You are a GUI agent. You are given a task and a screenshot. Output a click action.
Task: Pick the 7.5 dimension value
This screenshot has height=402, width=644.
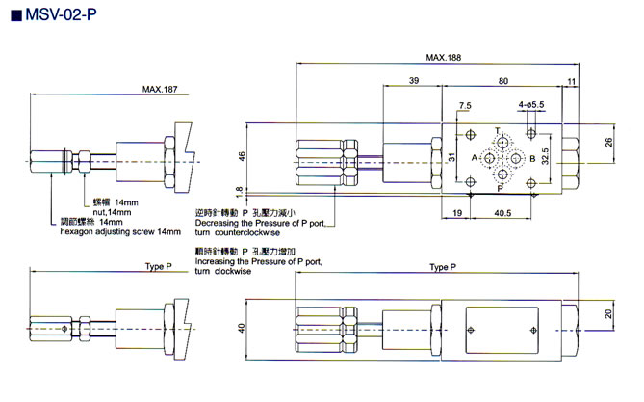(x=466, y=105)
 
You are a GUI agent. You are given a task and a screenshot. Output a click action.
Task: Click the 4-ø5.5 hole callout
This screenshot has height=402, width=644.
(x=531, y=104)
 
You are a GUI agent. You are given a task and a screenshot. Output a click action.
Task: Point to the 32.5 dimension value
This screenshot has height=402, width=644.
(x=546, y=156)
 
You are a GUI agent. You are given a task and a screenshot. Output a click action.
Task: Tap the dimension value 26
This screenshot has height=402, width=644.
(x=608, y=142)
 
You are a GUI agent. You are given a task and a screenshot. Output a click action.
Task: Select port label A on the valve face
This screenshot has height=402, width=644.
(x=475, y=157)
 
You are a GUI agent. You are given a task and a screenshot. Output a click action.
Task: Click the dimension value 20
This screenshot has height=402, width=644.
(x=608, y=315)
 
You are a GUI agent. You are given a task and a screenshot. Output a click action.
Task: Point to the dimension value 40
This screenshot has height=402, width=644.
(x=243, y=327)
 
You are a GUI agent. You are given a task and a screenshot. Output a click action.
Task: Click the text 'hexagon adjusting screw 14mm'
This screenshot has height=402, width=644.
(x=120, y=232)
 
